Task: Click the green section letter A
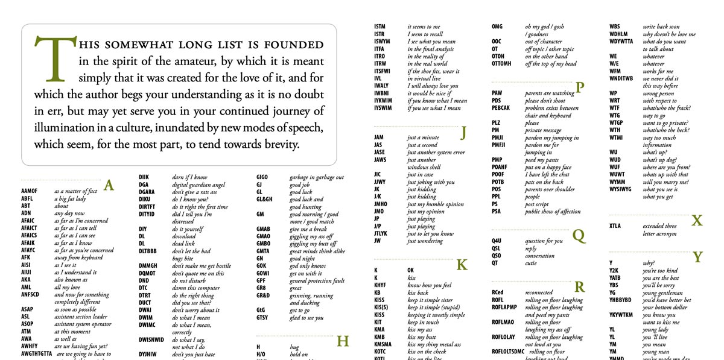(x=109, y=185)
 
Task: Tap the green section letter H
(x=343, y=341)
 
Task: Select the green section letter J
(x=463, y=132)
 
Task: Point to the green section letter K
(x=462, y=264)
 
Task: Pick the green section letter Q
(x=579, y=235)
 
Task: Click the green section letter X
(x=697, y=220)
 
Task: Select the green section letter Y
(x=697, y=257)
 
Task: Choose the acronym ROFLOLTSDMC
(x=508, y=352)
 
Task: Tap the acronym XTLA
(x=615, y=226)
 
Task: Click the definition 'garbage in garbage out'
(x=317, y=177)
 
